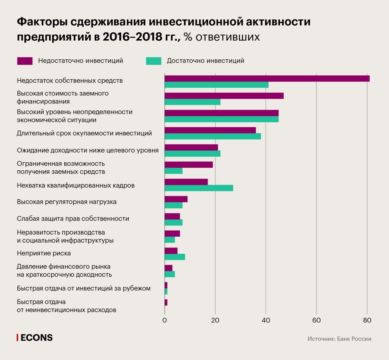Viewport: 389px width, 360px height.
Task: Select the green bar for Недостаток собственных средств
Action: [216, 85]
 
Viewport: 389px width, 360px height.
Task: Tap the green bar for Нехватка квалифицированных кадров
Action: [199, 188]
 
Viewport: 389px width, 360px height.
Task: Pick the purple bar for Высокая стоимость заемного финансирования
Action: [224, 96]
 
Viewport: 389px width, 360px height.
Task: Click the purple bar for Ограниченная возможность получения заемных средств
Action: [188, 165]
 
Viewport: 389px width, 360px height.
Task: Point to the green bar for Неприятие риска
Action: [175, 257]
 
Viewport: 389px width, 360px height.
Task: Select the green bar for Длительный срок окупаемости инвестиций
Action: [212, 136]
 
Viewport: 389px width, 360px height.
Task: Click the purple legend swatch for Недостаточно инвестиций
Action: [25, 61]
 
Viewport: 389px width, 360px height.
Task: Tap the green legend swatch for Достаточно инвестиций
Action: [153, 61]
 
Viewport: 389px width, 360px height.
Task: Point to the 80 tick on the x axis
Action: [367, 320]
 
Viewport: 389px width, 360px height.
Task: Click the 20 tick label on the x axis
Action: [215, 320]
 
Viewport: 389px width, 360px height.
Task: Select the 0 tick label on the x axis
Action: [164, 320]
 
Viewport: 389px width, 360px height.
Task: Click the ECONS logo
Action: [35, 338]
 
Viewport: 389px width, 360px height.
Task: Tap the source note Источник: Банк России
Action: [339, 339]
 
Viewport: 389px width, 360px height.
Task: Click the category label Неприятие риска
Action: [44, 253]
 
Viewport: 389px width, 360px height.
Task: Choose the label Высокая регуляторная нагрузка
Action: [66, 202]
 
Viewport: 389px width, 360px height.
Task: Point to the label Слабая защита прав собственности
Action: [73, 219]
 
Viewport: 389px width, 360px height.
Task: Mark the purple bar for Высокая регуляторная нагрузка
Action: [176, 199]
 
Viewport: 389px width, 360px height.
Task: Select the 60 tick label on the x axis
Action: [316, 320]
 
